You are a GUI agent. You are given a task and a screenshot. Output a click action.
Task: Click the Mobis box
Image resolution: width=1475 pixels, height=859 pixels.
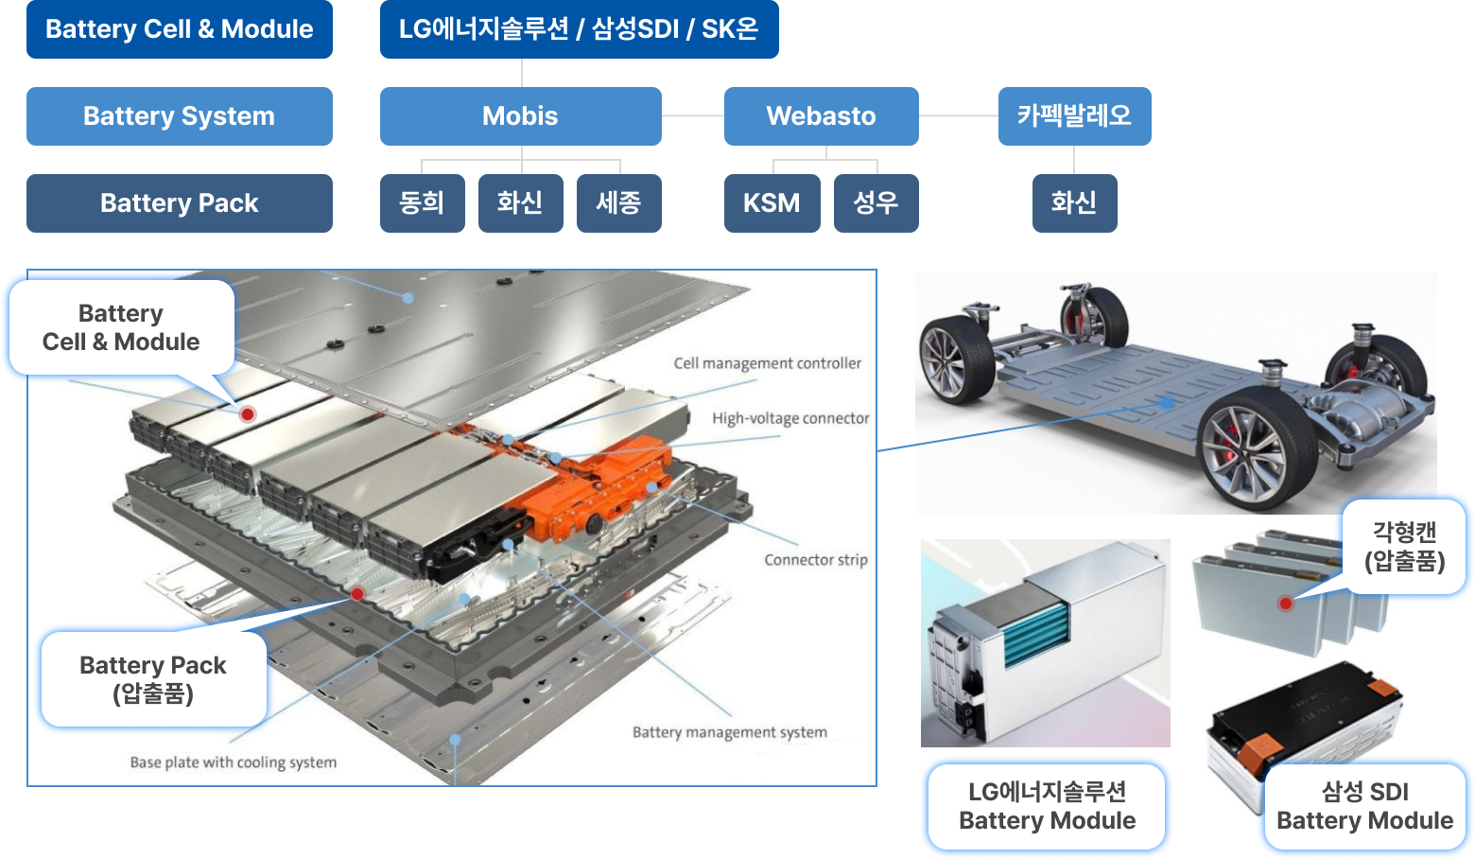tap(520, 116)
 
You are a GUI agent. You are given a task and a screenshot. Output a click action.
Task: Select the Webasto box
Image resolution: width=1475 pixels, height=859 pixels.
tap(821, 116)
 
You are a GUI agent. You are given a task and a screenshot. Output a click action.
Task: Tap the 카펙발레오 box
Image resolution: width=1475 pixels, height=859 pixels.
tap(1074, 116)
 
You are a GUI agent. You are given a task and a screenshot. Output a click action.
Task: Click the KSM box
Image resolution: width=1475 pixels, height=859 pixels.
tap(772, 203)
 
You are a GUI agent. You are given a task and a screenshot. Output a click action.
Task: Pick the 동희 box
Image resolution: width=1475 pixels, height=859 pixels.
tap(422, 203)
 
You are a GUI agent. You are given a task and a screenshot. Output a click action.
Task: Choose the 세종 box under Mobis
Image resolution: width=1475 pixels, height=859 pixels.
tap(618, 203)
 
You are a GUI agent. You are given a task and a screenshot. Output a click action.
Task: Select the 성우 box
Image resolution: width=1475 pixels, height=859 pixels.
tap(876, 203)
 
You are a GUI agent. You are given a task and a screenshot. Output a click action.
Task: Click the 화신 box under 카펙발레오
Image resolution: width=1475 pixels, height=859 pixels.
tap(1074, 203)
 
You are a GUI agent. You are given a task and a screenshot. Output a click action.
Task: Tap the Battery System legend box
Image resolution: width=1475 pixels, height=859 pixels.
tap(179, 116)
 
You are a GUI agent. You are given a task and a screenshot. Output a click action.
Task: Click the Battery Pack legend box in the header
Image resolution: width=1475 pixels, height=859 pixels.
tap(179, 203)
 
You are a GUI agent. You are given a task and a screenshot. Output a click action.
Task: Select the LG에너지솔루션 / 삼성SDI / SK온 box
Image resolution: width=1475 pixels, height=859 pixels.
tap(579, 29)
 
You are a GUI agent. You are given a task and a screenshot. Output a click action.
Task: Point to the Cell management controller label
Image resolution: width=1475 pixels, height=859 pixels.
tap(767, 363)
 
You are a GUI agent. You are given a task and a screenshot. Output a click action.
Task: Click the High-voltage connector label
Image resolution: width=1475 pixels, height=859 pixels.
tap(790, 418)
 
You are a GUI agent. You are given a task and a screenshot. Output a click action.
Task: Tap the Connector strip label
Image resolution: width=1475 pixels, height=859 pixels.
tap(815, 560)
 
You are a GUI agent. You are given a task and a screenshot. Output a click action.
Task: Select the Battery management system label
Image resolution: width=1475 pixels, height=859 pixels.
tap(729, 732)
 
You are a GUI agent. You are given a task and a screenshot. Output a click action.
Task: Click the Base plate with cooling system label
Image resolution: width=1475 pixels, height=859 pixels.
tap(233, 763)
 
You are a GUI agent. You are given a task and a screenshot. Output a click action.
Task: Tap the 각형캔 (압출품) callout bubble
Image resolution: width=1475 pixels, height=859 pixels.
tap(1404, 548)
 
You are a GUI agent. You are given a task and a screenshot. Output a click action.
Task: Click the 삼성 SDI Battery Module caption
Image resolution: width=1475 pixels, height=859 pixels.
tap(1364, 806)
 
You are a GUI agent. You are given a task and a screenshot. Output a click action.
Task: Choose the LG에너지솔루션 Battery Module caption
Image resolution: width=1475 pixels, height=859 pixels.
tap(1047, 806)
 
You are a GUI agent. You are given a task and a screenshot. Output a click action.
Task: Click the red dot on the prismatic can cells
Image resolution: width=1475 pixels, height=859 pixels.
tap(1285, 604)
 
